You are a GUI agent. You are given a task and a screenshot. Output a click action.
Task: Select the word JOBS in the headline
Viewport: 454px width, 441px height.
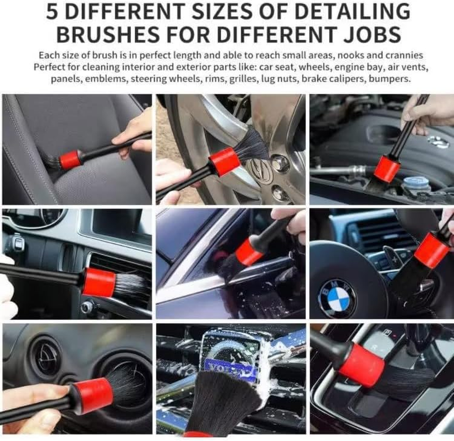pos(369,34)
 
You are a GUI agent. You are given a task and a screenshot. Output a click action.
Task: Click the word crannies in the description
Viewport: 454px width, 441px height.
pos(403,55)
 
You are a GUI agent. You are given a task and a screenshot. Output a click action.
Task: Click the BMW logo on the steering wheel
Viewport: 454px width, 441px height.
pos(337,298)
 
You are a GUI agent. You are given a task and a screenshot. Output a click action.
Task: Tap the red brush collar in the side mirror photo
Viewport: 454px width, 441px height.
pos(248,252)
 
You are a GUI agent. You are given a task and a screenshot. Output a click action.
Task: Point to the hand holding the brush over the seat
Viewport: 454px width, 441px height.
pos(134,133)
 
